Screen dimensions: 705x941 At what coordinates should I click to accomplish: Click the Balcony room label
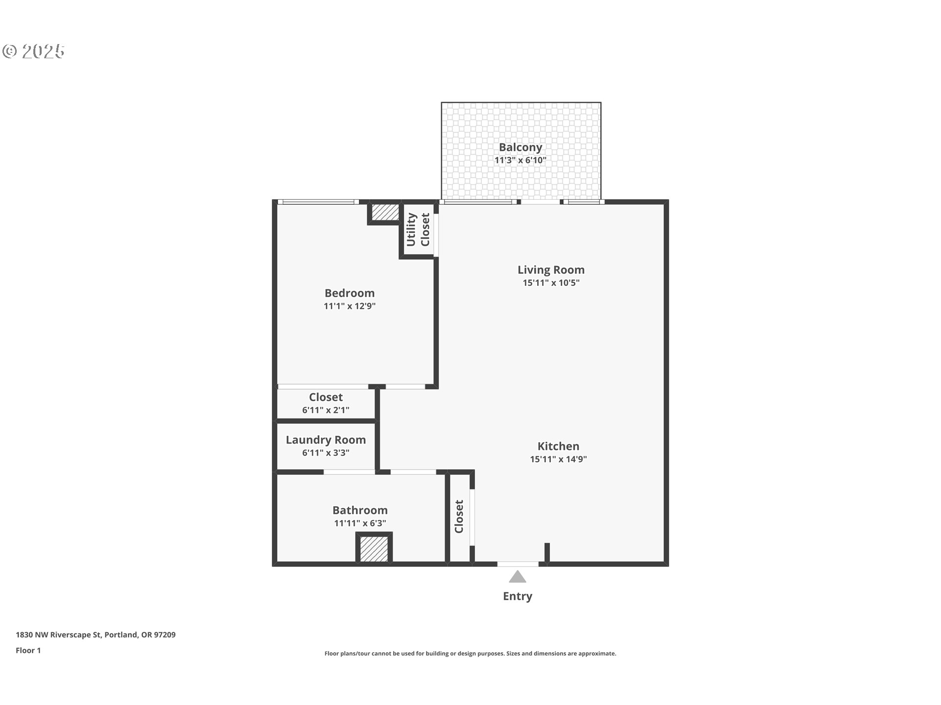click(x=520, y=147)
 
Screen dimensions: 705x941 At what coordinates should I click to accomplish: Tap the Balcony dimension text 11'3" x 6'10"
click(x=520, y=160)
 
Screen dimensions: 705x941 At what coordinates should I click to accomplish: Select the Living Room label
click(x=551, y=270)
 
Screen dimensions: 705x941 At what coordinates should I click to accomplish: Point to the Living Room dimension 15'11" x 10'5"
click(x=551, y=282)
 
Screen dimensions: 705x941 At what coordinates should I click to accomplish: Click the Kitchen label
click(x=558, y=446)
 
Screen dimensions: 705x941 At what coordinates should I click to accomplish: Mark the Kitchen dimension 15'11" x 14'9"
click(x=558, y=459)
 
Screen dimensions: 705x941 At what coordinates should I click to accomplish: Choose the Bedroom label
click(x=349, y=293)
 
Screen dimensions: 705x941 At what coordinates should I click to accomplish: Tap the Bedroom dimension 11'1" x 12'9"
click(x=349, y=306)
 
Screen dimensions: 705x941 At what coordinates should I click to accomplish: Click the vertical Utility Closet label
click(x=418, y=229)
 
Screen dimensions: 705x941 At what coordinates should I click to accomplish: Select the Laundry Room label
click(x=325, y=440)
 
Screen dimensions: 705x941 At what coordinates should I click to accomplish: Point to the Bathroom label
click(x=360, y=510)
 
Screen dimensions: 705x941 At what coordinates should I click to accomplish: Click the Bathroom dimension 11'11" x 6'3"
click(x=360, y=523)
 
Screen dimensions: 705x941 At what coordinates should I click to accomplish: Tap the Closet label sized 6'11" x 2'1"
click(x=325, y=397)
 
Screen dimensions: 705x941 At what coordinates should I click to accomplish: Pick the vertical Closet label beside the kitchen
click(x=459, y=516)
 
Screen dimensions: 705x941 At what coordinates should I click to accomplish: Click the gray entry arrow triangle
click(x=517, y=578)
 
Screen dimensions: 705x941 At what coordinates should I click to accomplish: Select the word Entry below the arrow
click(x=517, y=596)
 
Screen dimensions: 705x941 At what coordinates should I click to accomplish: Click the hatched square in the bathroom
click(x=374, y=548)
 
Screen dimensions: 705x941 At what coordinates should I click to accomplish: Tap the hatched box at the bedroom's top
click(x=385, y=212)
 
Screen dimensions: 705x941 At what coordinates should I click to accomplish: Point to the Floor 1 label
click(x=28, y=650)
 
